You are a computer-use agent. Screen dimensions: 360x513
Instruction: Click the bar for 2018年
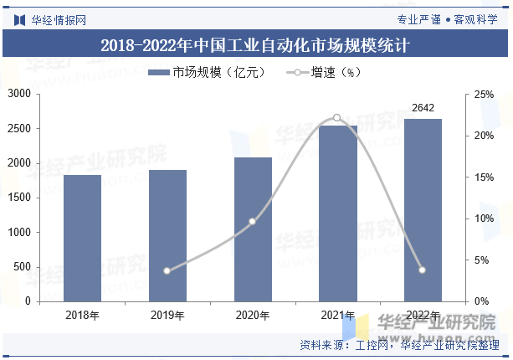(82, 238)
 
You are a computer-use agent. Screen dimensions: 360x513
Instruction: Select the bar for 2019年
(167, 235)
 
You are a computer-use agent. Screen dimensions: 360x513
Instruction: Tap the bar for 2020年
(253, 229)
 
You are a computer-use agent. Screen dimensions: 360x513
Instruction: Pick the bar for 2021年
(337, 213)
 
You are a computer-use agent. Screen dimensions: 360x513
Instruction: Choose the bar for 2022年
(423, 209)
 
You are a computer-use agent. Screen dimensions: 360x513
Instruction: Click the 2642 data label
(423, 107)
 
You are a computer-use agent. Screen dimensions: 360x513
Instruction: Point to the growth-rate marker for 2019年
(167, 270)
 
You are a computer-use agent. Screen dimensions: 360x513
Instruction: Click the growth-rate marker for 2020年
(253, 221)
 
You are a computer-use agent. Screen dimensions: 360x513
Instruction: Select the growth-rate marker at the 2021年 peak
(337, 118)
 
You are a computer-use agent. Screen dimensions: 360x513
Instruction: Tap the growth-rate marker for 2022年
(423, 270)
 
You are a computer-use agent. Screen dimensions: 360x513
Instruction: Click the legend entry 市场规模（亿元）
(207, 73)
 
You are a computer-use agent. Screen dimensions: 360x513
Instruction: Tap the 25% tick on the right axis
(484, 95)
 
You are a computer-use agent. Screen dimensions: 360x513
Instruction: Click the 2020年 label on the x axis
(253, 316)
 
